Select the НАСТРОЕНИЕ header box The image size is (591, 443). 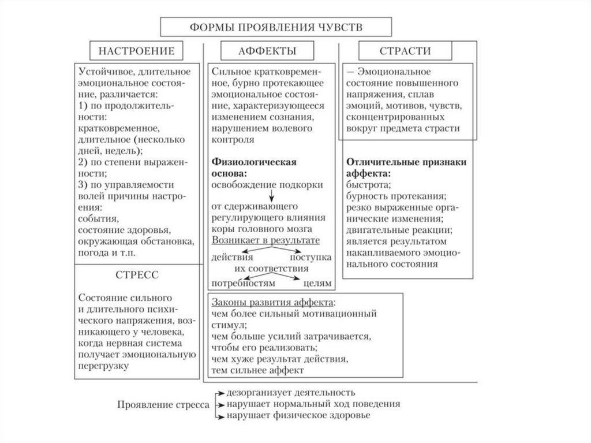coord(137,51)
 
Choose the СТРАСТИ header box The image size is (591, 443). coord(404,51)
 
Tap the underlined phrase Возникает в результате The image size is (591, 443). coord(265,239)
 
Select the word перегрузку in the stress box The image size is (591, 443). coord(102,366)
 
